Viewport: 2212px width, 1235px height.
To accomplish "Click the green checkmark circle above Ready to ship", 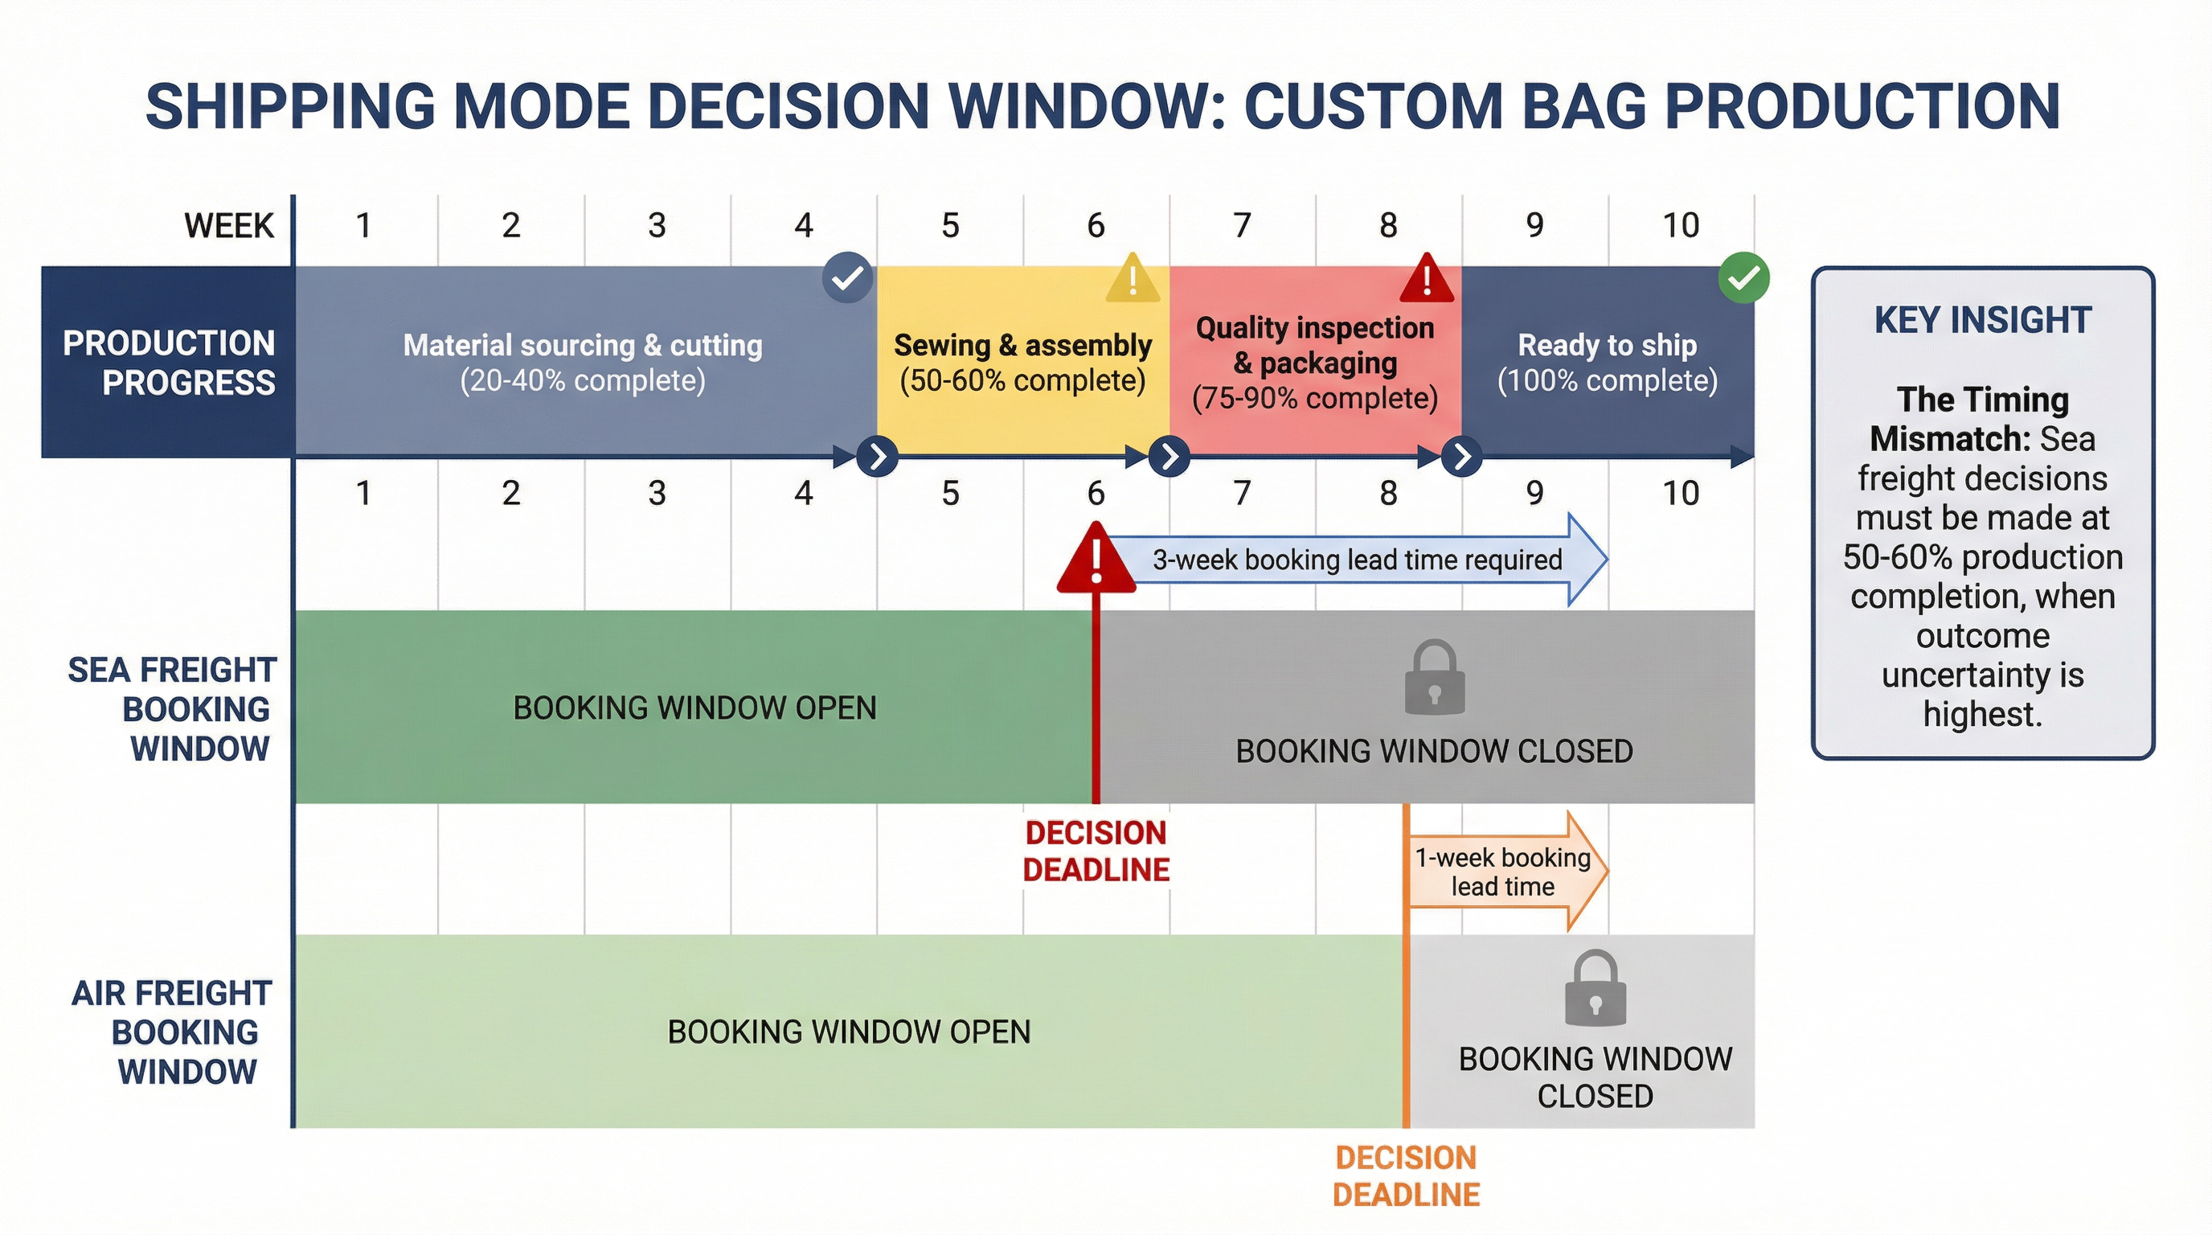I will click(1743, 277).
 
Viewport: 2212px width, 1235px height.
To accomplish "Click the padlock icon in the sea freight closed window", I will click(1434, 678).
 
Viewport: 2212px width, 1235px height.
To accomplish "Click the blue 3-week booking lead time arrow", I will click(1357, 560).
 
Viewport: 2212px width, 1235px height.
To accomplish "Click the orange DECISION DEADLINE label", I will click(1406, 1176).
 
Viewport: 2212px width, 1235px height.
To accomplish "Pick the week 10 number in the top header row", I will click(1681, 226).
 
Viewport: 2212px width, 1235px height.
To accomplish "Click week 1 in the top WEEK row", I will click(364, 226).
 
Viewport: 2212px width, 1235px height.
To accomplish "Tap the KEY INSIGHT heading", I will click(1982, 319).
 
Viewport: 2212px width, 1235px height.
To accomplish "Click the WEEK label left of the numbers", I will click(228, 226).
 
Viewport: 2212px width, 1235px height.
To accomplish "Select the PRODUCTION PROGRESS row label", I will click(169, 363).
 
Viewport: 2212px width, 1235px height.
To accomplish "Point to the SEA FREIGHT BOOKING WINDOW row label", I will click(172, 708).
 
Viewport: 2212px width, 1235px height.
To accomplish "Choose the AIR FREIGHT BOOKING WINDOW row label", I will click(172, 1032).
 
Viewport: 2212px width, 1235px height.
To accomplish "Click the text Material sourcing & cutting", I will click(582, 345).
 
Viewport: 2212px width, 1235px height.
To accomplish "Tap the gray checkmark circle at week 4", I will click(846, 277).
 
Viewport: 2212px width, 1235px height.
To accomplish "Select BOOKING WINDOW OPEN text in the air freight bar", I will click(849, 1032).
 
